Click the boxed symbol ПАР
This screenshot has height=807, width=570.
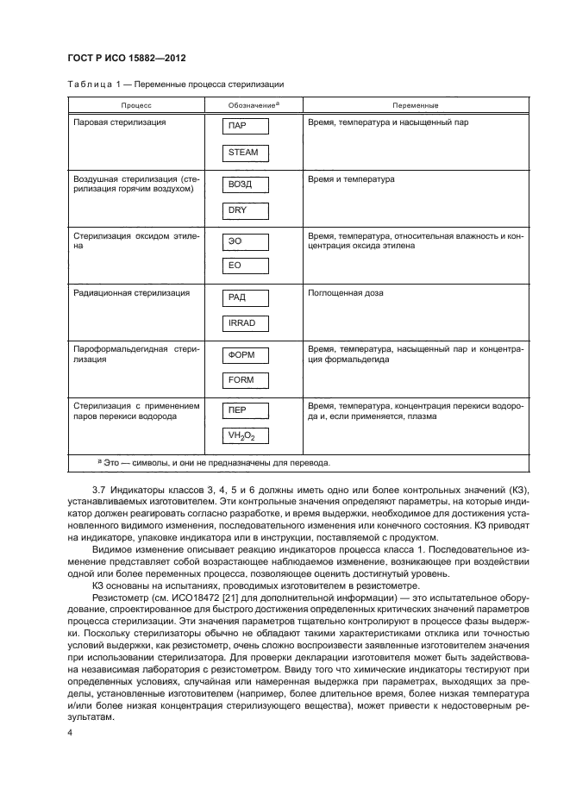tap(245, 126)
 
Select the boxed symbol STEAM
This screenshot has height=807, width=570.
tap(245, 153)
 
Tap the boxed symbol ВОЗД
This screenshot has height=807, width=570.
tap(245, 185)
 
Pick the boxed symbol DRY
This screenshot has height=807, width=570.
tap(245, 210)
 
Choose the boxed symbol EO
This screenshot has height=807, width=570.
tap(245, 266)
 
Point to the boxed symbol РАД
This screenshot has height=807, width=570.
tap(245, 297)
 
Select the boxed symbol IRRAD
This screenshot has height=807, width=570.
tap(245, 323)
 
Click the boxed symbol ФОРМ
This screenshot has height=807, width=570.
tap(245, 353)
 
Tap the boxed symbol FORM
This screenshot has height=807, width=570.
tap(245, 379)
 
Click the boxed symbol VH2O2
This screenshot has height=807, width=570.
tap(245, 436)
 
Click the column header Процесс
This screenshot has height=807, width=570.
tap(135, 105)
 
